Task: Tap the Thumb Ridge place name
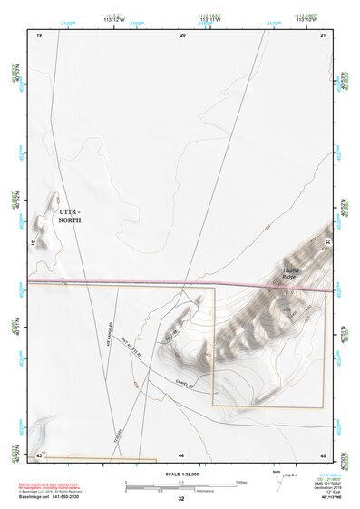[290, 272]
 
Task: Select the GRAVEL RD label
[185, 383]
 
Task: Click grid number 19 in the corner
[39, 34]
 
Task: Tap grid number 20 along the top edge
[182, 34]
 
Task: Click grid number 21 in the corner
[323, 34]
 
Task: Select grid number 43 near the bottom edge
[39, 453]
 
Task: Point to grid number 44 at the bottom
[181, 453]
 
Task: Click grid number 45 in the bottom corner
[322, 453]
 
